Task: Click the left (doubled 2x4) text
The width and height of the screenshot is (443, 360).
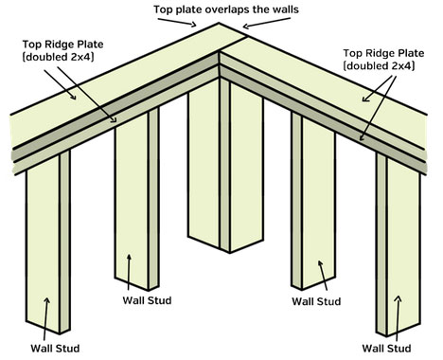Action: pyautogui.click(x=58, y=57)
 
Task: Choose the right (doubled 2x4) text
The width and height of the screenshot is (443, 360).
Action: pyautogui.click(x=379, y=66)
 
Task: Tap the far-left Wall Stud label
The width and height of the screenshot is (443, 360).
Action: pyautogui.click(x=55, y=349)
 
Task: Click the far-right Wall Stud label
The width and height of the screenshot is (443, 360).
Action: pyautogui.click(x=386, y=349)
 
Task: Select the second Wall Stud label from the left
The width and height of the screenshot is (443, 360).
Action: pyautogui.click(x=147, y=300)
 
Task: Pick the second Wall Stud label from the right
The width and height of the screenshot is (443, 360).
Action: pyautogui.click(x=316, y=301)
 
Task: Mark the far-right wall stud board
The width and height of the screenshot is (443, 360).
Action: pyautogui.click(x=399, y=243)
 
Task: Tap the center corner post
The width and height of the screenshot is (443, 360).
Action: pyautogui.click(x=225, y=164)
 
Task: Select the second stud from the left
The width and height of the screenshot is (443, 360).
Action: pyautogui.click(x=137, y=199)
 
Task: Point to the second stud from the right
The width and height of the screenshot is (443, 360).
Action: pyautogui.click(x=313, y=202)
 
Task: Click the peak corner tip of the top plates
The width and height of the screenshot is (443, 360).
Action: pyautogui.click(x=219, y=23)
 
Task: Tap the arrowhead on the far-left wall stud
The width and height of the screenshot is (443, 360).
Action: pyautogui.click(x=47, y=300)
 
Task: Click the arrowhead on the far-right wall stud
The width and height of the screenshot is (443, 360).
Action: pyautogui.click(x=399, y=298)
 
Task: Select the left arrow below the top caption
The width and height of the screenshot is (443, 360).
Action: pyautogui.click(x=177, y=22)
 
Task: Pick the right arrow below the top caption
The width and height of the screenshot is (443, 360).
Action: pyautogui.click(x=266, y=24)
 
